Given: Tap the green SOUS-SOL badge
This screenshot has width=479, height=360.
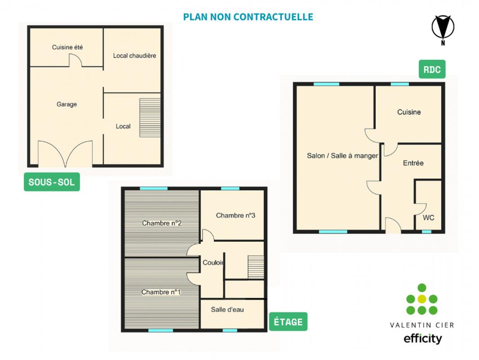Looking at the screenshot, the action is click(x=52, y=182).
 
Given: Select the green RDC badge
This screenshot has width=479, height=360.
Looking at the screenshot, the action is click(x=432, y=69).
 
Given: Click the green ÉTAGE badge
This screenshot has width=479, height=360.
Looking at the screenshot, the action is click(x=288, y=322).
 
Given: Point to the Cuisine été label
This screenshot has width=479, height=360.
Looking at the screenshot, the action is click(x=67, y=47).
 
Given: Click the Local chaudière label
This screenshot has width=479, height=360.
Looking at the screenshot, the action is click(x=134, y=56).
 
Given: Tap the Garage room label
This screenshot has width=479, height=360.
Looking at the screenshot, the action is click(x=67, y=104).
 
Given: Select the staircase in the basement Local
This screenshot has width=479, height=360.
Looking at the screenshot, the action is click(x=150, y=117).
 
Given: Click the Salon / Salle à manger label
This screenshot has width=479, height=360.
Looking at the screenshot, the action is click(x=342, y=156).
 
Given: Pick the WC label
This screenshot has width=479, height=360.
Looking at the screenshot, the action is click(x=428, y=218).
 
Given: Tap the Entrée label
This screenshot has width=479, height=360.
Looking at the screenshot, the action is click(x=413, y=163).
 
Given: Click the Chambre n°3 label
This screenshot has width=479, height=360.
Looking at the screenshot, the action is click(x=235, y=216).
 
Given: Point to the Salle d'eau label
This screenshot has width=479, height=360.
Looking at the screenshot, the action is click(x=227, y=310).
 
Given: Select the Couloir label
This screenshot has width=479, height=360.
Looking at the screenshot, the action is click(x=213, y=262).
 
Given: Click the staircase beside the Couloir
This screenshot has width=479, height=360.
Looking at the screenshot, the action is click(x=255, y=267).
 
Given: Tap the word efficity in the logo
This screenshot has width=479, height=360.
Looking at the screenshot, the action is click(x=423, y=338).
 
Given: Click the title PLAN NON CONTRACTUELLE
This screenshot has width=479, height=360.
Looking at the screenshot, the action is click(x=248, y=17).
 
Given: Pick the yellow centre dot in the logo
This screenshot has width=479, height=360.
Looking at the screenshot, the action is click(x=422, y=299).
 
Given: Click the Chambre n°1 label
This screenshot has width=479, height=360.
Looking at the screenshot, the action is click(x=161, y=292).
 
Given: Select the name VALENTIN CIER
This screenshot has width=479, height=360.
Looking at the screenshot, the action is click(x=422, y=325).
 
